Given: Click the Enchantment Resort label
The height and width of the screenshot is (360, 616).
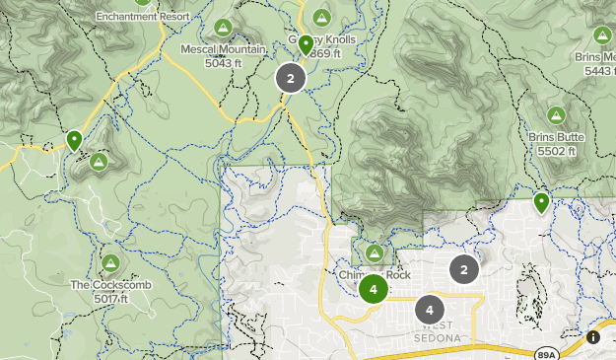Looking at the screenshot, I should tap(142, 17).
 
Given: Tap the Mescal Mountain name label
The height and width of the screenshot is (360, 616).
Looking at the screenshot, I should tap(224, 48).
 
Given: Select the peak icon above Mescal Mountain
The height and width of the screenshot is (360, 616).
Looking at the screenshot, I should tap(224, 27).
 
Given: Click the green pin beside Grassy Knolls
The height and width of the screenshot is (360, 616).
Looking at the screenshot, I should tap(306, 44).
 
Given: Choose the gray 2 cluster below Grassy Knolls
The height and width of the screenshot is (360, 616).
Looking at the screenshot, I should tap(290, 79).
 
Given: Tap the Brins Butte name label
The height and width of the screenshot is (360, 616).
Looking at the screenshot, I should tap(556, 137).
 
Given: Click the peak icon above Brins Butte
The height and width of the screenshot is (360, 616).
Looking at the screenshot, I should tap(556, 115).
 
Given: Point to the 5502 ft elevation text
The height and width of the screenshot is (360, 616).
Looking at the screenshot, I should tap(556, 151).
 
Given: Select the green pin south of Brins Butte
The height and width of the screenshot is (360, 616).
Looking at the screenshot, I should tap(541, 203).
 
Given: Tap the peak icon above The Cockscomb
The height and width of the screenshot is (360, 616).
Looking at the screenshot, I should tap(110, 263).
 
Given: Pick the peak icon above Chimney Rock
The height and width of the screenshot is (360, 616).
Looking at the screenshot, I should tap(375, 253).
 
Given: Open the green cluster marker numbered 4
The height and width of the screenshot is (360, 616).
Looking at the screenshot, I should tap(373, 289).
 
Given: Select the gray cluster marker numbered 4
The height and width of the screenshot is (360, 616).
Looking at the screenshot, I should tap(429, 310).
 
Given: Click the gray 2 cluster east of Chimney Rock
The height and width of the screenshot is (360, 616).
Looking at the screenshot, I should tap(464, 268).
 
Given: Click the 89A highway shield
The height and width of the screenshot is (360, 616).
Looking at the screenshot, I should tap(548, 353).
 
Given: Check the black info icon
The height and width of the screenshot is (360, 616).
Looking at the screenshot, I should tap(592, 337).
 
